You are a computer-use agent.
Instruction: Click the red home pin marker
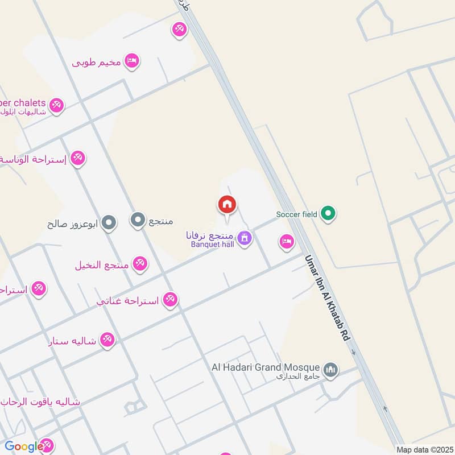click(x=227, y=205)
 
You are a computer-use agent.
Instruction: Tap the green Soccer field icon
click(x=328, y=214)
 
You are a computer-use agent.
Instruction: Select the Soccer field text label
click(x=296, y=214)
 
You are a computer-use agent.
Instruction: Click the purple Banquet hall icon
click(x=245, y=238)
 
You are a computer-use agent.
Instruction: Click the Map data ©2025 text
click(x=424, y=450)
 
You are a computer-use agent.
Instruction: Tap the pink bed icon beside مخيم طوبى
click(x=132, y=61)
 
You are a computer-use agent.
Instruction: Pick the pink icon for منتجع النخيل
click(x=139, y=264)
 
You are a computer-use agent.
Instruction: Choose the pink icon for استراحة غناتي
click(x=170, y=299)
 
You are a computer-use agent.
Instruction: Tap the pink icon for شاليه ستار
click(x=106, y=341)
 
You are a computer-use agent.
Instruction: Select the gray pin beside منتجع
click(x=138, y=220)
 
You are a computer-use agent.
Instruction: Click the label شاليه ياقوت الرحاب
click(x=40, y=402)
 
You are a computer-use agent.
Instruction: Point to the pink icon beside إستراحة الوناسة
click(x=78, y=159)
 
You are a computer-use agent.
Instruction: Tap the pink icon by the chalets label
click(x=56, y=105)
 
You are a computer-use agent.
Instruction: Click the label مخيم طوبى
click(x=96, y=61)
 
